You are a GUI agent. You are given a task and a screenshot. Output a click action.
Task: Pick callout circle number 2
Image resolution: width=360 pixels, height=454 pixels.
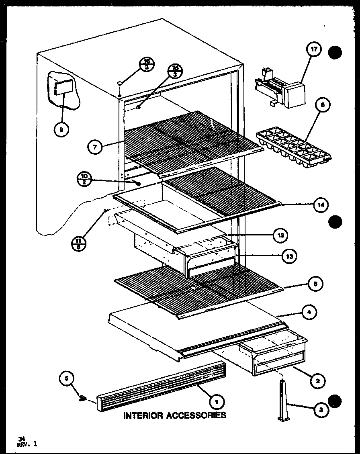point(318,380)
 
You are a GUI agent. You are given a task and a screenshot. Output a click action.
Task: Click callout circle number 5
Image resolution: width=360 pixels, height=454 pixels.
point(67,378)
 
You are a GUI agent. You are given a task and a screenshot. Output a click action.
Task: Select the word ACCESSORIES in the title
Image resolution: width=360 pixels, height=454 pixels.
point(196,415)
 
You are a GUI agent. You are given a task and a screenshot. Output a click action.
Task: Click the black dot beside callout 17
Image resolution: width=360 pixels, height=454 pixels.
point(336,53)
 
